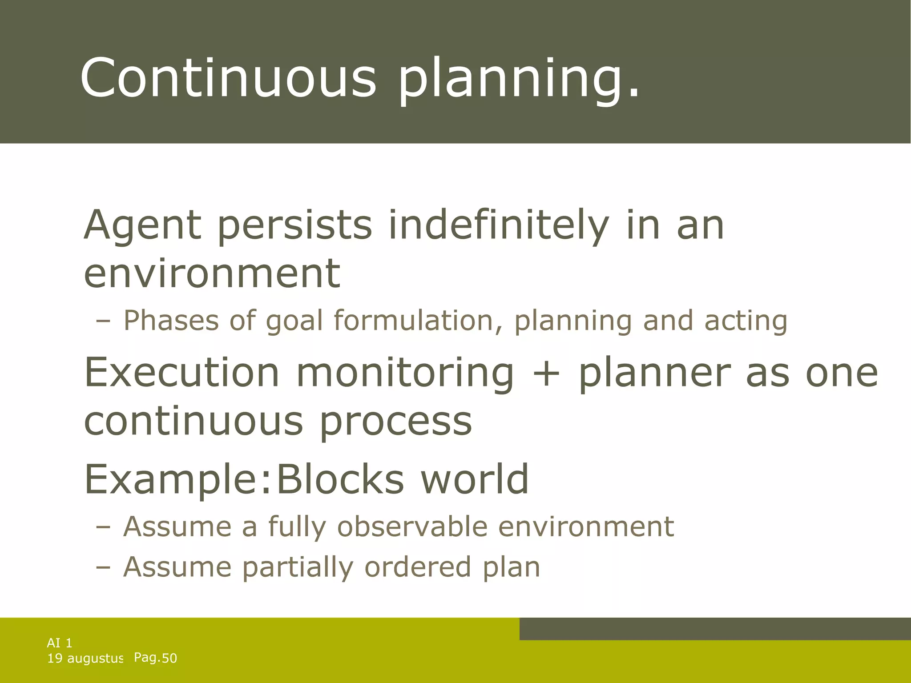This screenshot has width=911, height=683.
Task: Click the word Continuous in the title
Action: point(228,78)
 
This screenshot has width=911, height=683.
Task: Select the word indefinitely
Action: point(499,225)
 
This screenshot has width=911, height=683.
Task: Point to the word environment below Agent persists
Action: point(212,273)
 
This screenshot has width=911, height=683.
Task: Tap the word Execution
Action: point(181,373)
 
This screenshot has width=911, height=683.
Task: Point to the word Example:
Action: point(177,479)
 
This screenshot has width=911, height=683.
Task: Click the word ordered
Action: point(418,567)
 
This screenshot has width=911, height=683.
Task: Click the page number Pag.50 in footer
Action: point(155,658)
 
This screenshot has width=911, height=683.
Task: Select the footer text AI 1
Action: point(60,643)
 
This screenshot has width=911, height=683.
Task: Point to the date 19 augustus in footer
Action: point(85,658)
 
